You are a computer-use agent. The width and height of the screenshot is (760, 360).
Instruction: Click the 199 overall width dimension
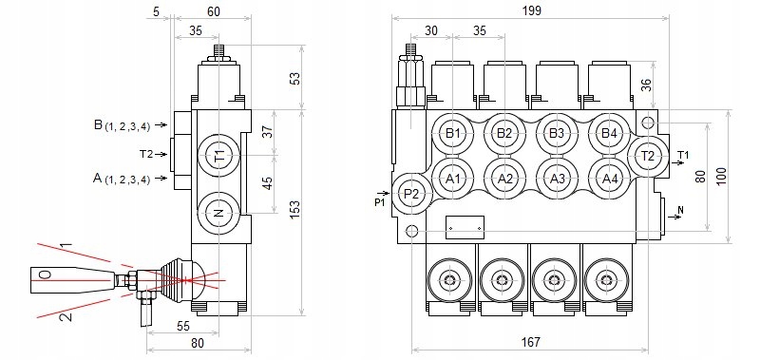[x=532, y=10]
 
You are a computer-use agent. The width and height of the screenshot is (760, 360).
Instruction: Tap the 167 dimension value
[x=531, y=342]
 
